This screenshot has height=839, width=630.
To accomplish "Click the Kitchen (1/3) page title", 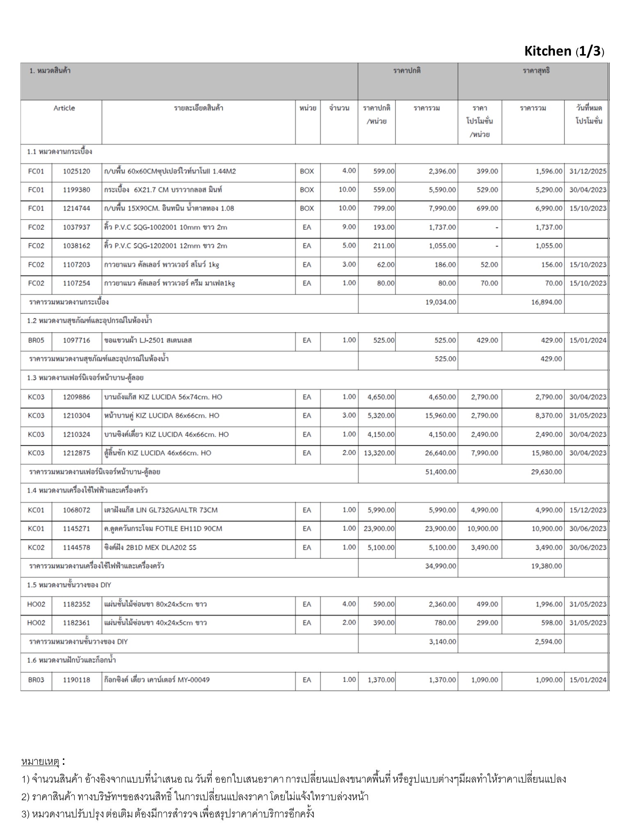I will (x=564, y=51).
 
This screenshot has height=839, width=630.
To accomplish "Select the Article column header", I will (x=64, y=108).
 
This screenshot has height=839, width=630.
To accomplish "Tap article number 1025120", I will (x=76, y=171).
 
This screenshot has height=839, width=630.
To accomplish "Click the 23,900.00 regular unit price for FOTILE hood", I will (x=379, y=528).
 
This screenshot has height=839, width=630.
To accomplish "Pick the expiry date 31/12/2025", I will (x=587, y=171).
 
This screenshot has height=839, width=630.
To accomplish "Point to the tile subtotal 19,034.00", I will (x=441, y=302).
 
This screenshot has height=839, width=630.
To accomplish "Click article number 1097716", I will (x=76, y=340).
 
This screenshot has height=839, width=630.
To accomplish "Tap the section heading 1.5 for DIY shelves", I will (x=69, y=585).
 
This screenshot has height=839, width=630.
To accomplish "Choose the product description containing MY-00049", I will (x=157, y=680).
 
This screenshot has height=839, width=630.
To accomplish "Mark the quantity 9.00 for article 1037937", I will (x=349, y=227).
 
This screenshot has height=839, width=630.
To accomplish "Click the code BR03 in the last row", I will (x=36, y=680).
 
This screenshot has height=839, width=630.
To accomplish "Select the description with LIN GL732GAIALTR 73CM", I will (x=161, y=510).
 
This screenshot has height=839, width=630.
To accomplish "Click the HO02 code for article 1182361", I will (x=36, y=623).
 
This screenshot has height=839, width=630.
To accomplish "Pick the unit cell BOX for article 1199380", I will (x=307, y=190).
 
